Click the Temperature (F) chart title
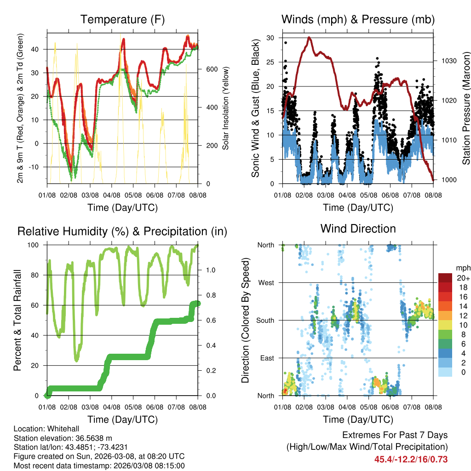[122, 20]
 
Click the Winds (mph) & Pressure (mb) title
[358, 20]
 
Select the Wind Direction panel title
[358, 229]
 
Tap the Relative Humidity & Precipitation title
[122, 231]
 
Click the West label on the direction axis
[265, 283]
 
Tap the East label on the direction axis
[266, 358]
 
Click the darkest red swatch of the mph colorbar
[445, 278]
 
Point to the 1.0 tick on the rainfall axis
[207, 270]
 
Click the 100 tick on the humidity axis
[36, 245]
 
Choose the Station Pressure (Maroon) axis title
[465, 108]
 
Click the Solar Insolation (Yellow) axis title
[225, 108]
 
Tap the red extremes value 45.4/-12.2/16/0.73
[411, 459]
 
